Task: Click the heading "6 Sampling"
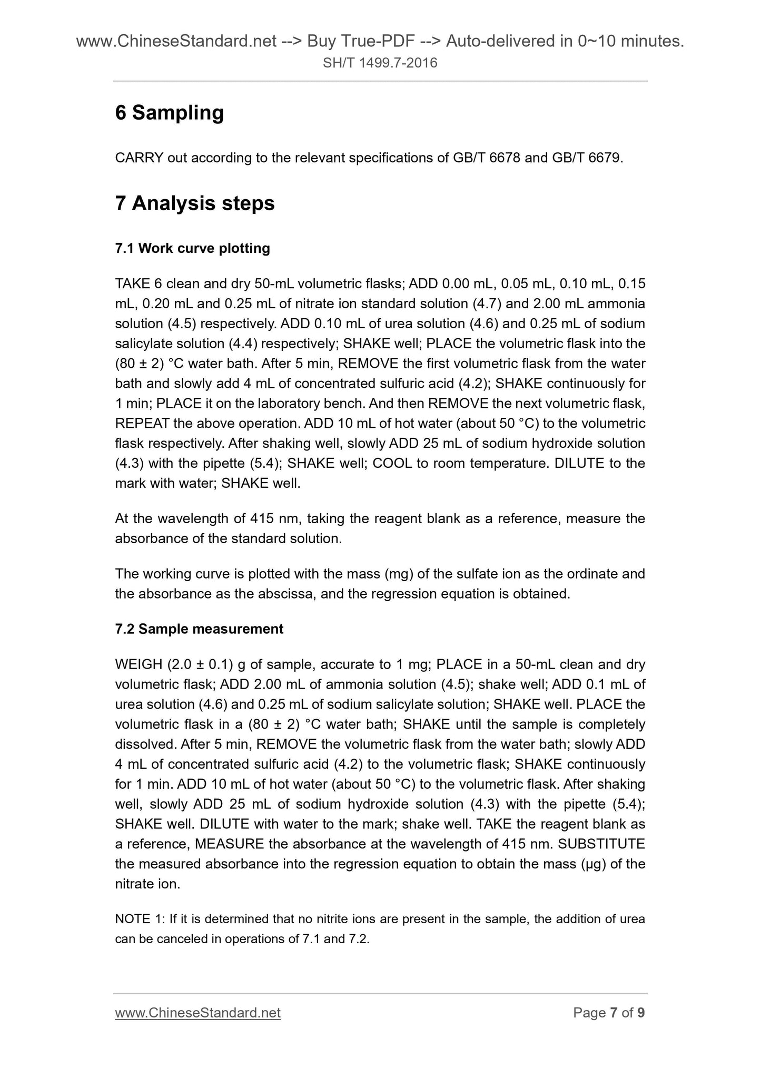pyautogui.click(x=169, y=113)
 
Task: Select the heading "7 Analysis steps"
pyautogui.click(x=195, y=203)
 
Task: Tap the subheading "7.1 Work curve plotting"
pyautogui.click(x=192, y=248)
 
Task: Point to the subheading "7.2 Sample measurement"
pyautogui.click(x=199, y=629)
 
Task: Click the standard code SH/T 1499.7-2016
pyautogui.click(x=380, y=64)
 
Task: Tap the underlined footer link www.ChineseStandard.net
pyautogui.click(x=197, y=1013)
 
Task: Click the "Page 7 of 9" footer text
pyautogui.click(x=609, y=1013)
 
